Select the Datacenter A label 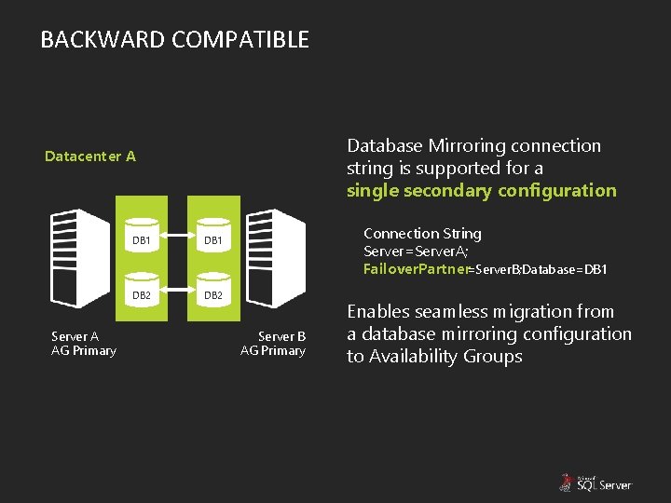tap(90, 156)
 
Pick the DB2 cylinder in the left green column tap(142, 292)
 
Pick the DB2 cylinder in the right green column tap(213, 292)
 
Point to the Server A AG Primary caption tap(83, 344)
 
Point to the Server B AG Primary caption tap(274, 344)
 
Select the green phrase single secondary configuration tap(481, 191)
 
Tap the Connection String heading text tap(422, 234)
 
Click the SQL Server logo tap(596, 482)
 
